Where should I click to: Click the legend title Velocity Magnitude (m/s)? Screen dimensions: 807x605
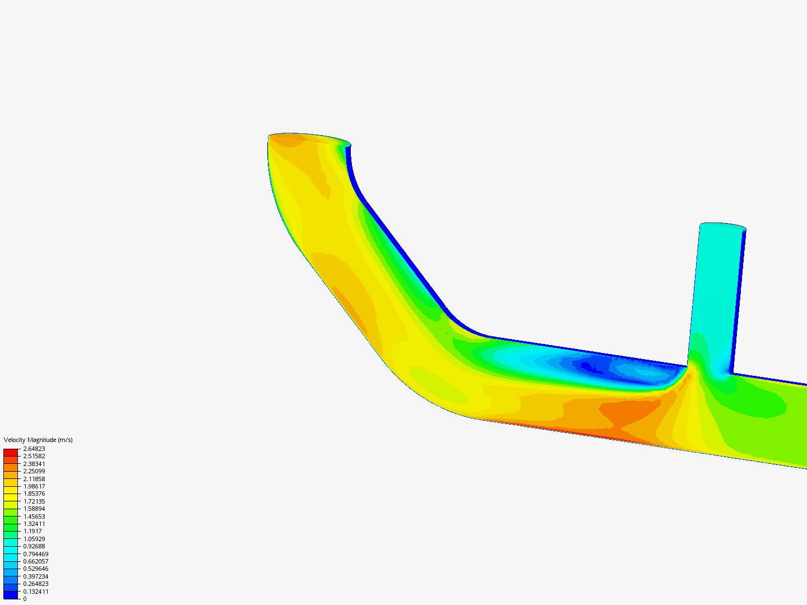[x=38, y=440]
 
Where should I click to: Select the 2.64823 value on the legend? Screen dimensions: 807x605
[x=34, y=449]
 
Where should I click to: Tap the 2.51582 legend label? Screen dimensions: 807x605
[x=34, y=456]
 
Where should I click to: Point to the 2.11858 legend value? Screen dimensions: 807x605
[x=34, y=479]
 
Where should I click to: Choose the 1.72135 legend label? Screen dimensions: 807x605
[x=34, y=501]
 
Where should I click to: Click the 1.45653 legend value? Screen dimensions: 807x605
[x=34, y=516]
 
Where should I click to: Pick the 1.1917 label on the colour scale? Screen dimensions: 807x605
[x=33, y=531]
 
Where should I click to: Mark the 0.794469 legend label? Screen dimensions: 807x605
[x=36, y=554]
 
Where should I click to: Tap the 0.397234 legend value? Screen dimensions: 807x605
[x=36, y=576]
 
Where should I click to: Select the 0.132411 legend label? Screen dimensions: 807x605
[x=36, y=592]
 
